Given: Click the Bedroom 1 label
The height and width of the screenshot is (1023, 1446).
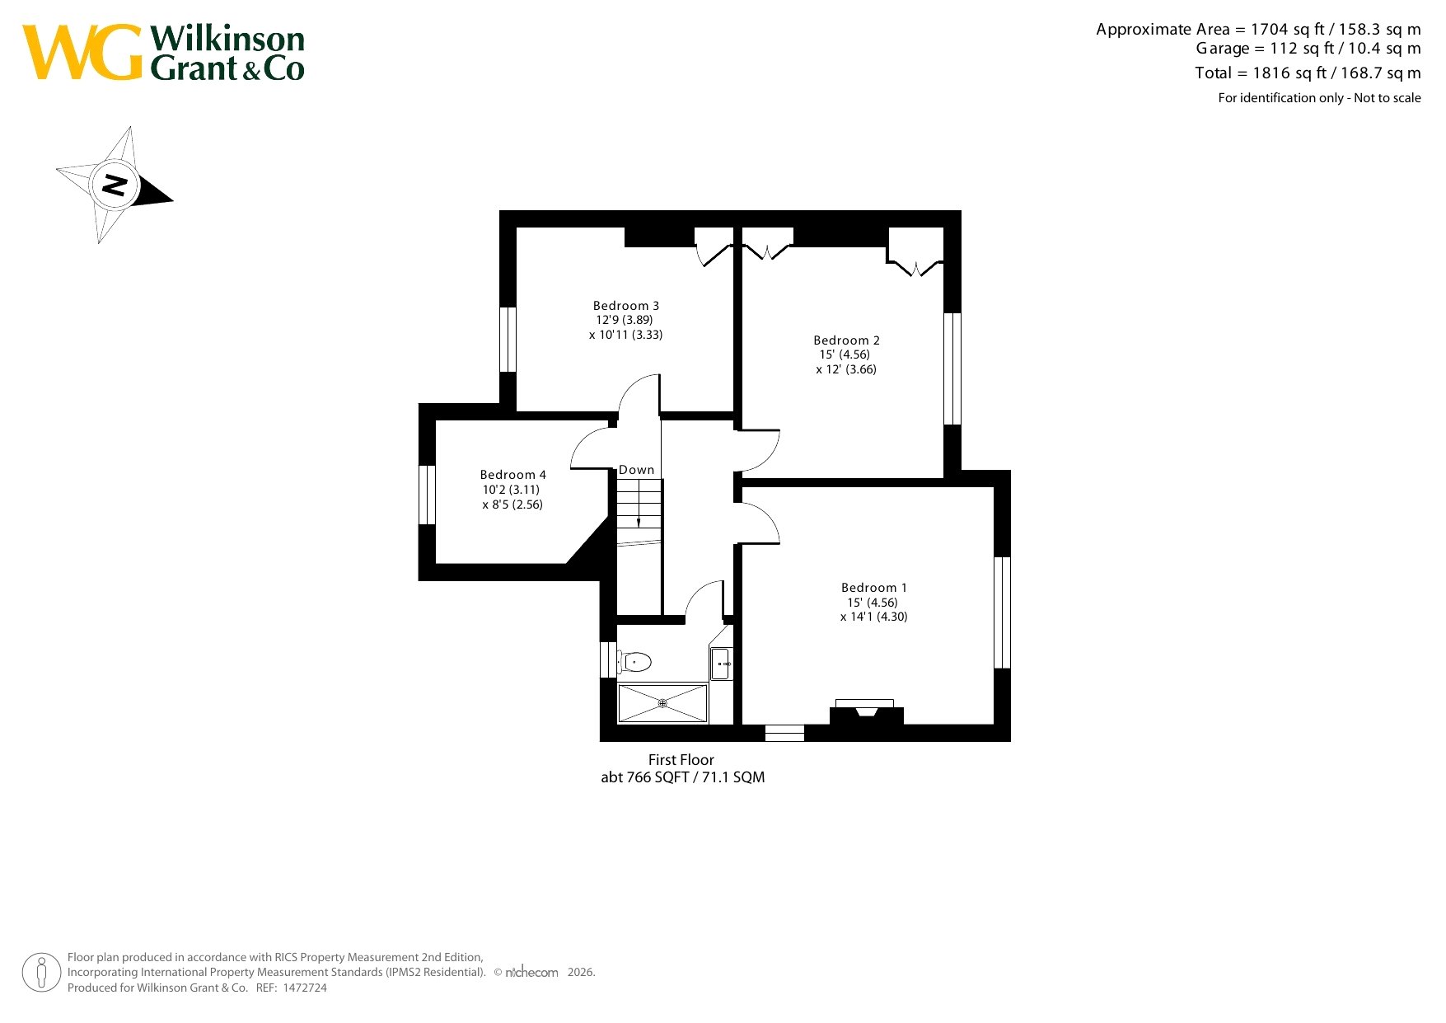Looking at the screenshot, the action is coord(874,588).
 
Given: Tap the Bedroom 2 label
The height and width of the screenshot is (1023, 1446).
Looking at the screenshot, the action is coord(846,340).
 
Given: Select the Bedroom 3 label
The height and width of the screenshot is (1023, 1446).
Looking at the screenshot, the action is coord(626,306).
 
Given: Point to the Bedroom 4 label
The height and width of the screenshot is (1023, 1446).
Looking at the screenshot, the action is coord(513,475).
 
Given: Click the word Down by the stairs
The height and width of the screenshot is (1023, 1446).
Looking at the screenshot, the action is coord(637,470).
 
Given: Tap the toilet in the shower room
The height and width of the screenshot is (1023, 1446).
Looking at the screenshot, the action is coord(634,661).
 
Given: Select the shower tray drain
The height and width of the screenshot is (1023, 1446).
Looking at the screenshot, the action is coord(662,703).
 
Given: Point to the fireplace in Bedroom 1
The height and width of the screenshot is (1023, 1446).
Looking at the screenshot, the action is coord(866,711).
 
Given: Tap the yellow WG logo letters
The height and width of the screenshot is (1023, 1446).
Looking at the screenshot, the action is coord(82,52).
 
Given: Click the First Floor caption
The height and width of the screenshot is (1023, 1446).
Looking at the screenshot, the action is coord(681,760).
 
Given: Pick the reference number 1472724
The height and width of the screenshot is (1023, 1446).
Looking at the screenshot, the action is coord(305,988).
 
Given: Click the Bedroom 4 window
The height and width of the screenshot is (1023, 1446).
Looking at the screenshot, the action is coord(427,495).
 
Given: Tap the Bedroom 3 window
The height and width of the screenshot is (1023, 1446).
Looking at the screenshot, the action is coord(508,340).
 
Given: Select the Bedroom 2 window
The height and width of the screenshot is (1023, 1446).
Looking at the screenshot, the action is coord(952,368).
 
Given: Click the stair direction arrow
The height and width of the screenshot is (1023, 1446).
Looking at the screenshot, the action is coord(639,504).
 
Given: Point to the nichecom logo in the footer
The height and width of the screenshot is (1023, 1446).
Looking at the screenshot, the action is coord(531,973).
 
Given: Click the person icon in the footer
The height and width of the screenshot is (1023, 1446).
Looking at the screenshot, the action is coord(41,973).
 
